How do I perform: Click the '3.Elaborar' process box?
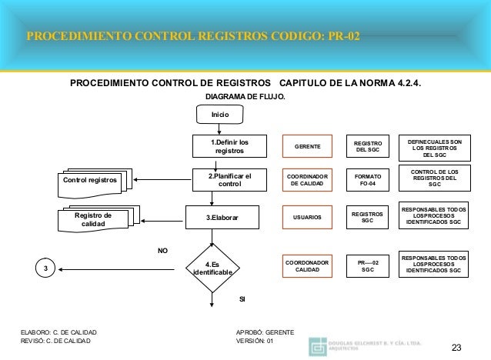[223, 218]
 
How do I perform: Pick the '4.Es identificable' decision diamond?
[211, 268]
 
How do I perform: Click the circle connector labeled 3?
[46, 268]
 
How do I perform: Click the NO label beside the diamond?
[162, 251]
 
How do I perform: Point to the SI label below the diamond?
[242, 298]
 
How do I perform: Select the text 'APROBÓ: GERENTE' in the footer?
[266, 332]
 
